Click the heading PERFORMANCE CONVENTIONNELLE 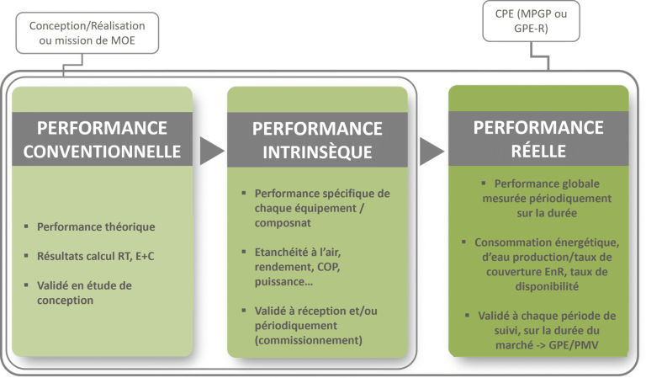pyautogui.click(x=102, y=140)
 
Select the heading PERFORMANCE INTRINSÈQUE pyautogui.click(x=317, y=140)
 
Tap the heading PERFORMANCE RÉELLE pyautogui.click(x=537, y=140)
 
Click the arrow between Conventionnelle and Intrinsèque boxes pyautogui.click(x=212, y=152)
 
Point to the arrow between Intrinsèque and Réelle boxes pyautogui.click(x=430, y=152)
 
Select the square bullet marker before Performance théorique pyautogui.click(x=27, y=227)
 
